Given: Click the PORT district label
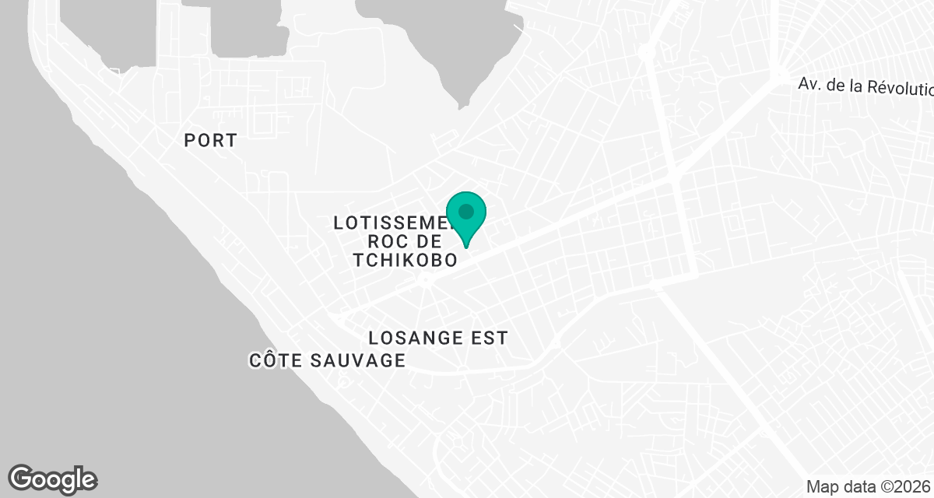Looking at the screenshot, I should [210, 141].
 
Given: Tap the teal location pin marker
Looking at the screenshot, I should [466, 217].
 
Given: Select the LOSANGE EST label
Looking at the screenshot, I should [438, 338].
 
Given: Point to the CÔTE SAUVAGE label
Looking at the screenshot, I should [328, 360].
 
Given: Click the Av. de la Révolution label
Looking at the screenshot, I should [865, 86].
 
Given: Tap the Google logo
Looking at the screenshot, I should [53, 479].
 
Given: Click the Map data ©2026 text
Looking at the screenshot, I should [868, 487].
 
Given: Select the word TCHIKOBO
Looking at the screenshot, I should [405, 261].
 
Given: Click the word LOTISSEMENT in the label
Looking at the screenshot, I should [389, 223].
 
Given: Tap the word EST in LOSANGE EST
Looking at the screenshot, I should [488, 338].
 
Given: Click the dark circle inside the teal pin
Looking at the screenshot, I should [466, 211].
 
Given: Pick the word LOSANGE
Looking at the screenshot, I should [415, 338].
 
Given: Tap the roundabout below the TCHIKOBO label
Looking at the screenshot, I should [426, 279].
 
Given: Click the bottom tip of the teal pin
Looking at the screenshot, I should [466, 247].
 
